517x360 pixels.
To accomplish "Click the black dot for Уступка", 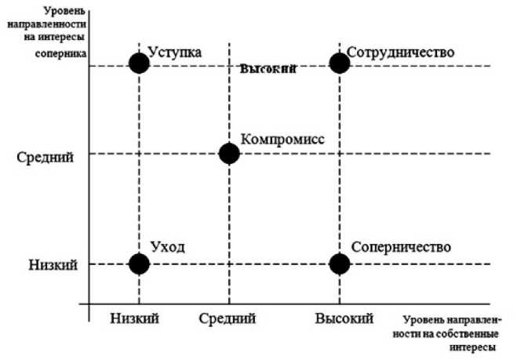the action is click(x=139, y=63).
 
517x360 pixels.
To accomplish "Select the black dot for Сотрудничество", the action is click(x=339, y=63).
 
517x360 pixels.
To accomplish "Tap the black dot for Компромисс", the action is click(x=229, y=153).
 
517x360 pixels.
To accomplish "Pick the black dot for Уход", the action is click(x=139, y=264).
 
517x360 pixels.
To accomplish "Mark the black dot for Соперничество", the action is click(x=339, y=264).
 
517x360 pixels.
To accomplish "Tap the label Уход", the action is click(x=166, y=248).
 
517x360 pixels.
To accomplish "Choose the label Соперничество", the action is click(x=401, y=248).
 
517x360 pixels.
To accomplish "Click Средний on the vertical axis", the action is click(x=45, y=158).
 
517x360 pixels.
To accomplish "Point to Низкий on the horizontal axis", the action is click(x=134, y=318).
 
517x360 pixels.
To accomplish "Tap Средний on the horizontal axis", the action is click(x=228, y=318).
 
